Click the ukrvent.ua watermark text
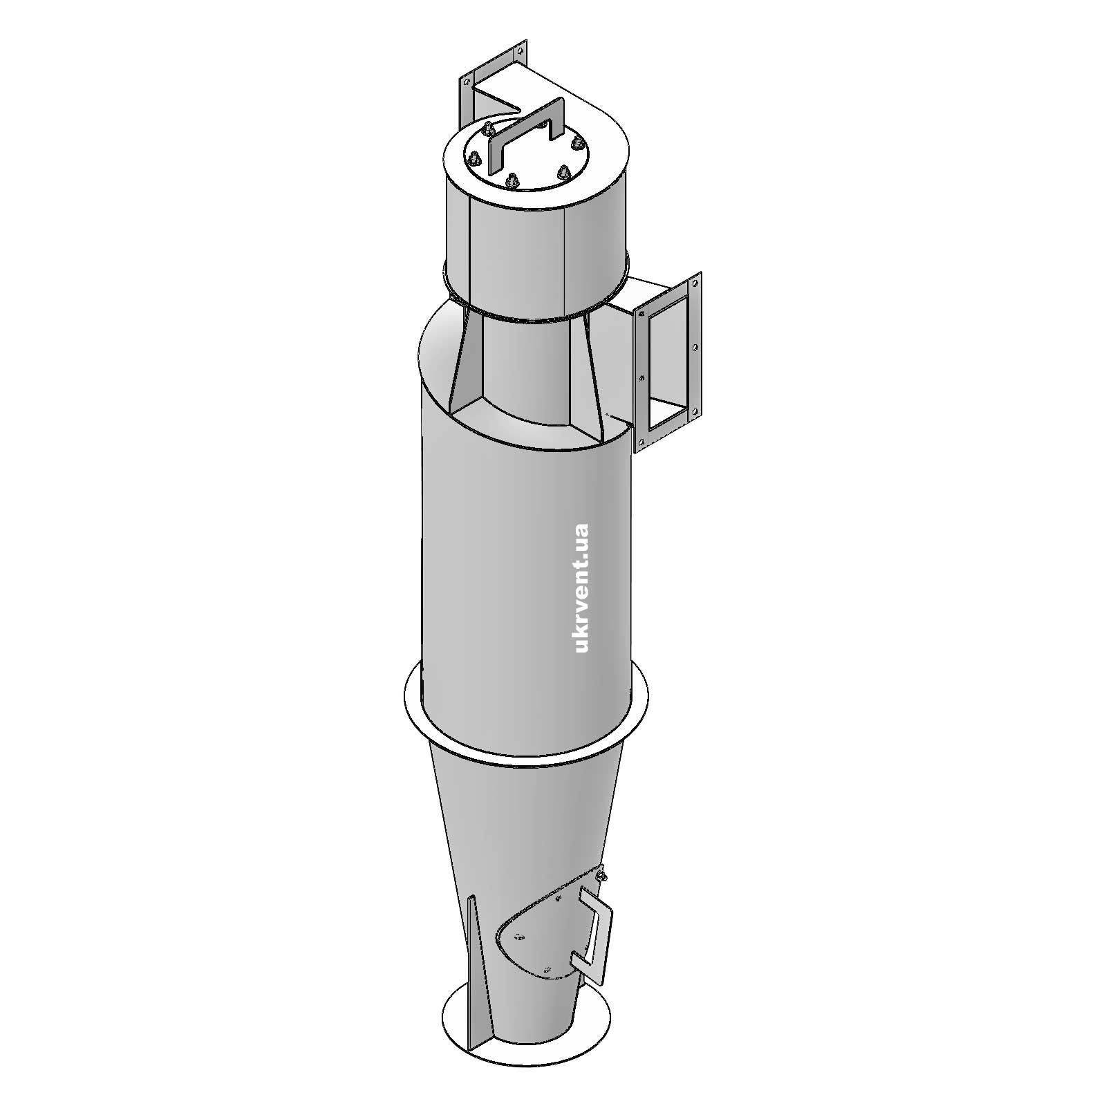581,588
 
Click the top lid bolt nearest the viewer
512,181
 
